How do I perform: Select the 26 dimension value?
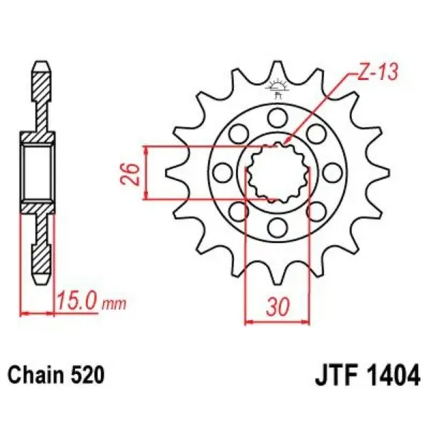[130, 173]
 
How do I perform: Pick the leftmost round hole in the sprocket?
[221, 172]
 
